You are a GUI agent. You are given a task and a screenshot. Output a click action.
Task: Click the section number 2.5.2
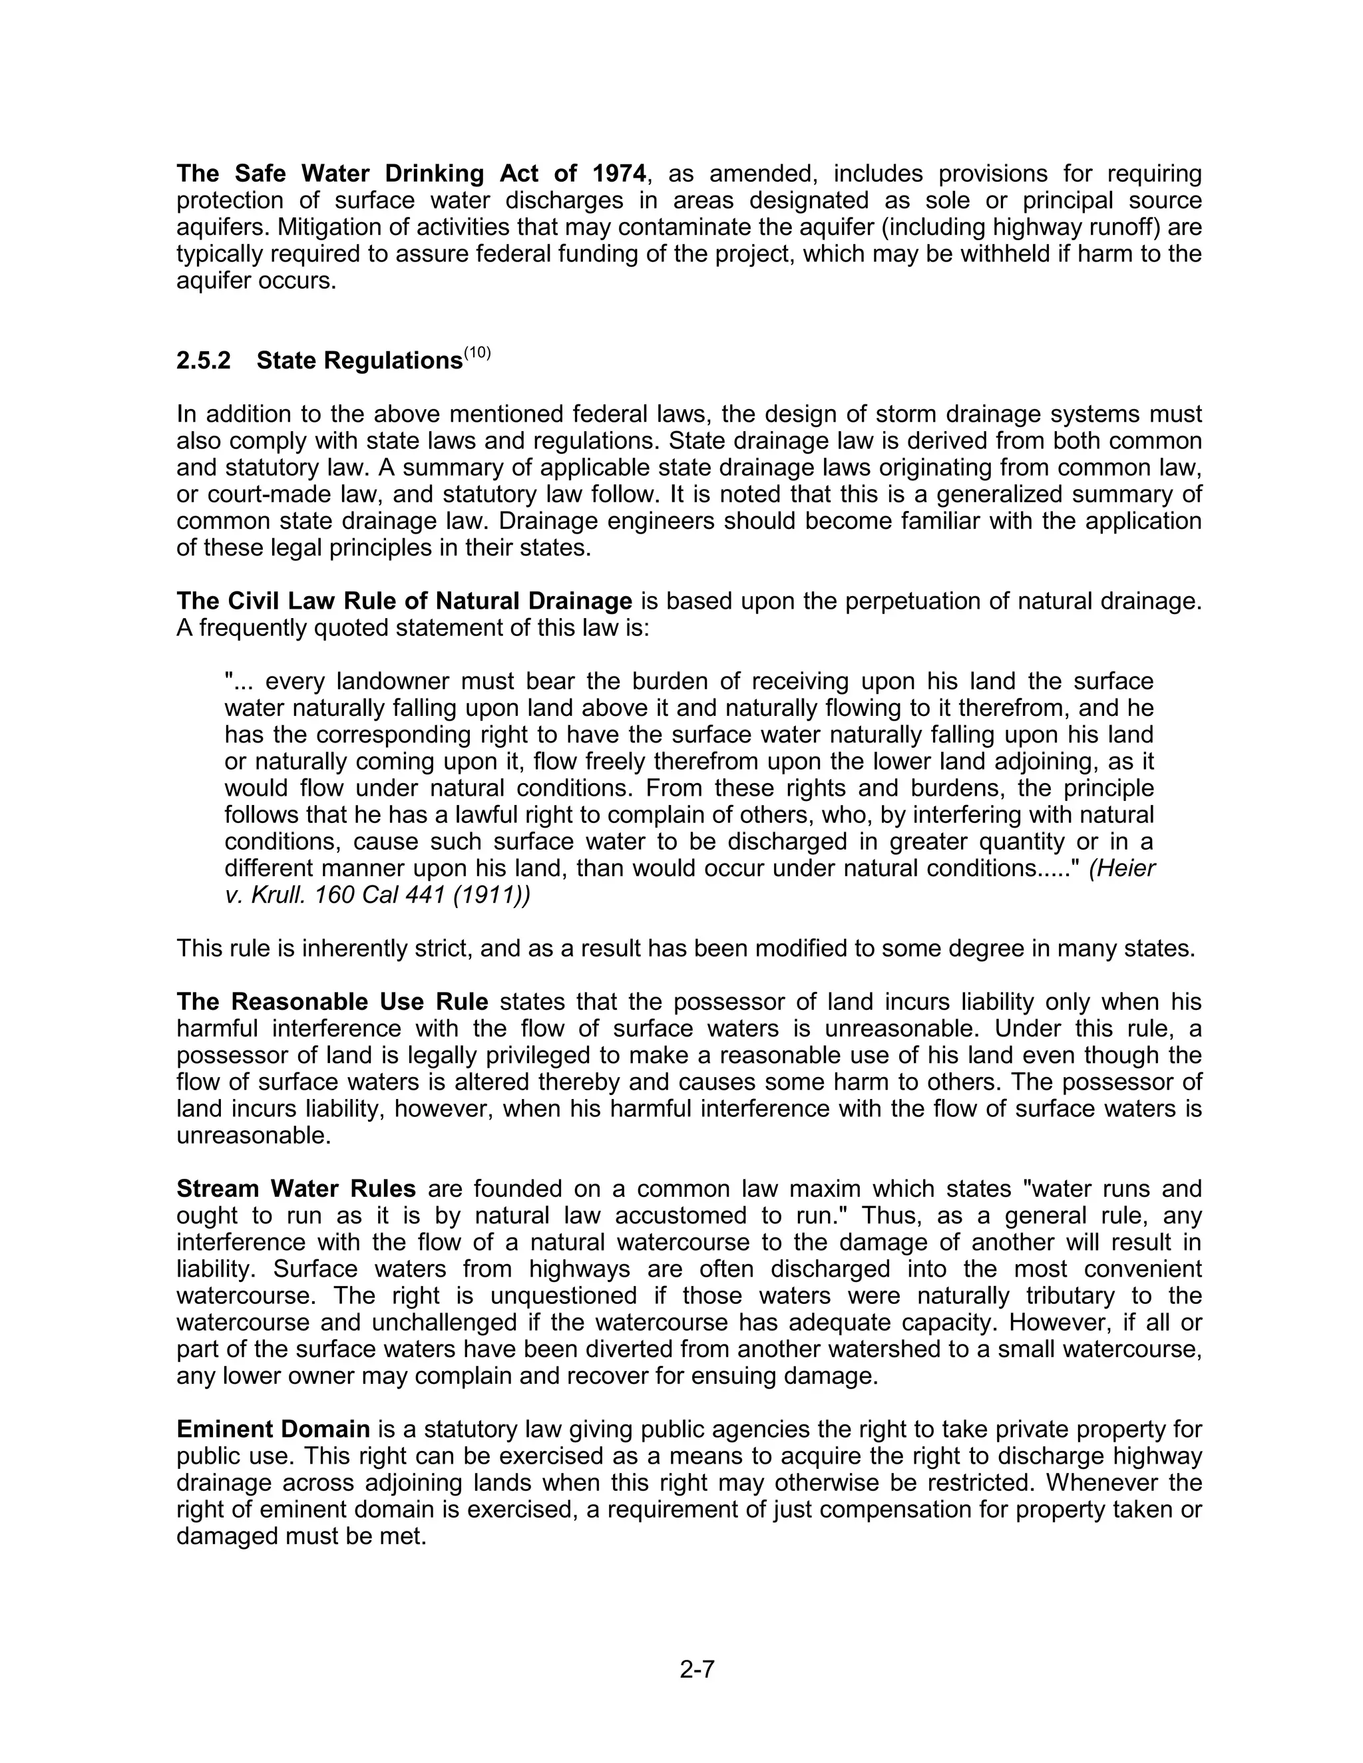pos(204,361)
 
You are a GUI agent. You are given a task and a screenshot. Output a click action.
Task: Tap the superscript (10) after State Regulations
pos(477,353)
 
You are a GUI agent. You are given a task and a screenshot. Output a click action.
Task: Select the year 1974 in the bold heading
pos(620,174)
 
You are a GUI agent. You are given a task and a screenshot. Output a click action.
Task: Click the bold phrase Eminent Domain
pos(273,1429)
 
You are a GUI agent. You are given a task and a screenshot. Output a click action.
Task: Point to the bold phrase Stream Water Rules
pos(295,1188)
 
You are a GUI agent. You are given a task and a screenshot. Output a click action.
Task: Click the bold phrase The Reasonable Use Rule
pos(332,1002)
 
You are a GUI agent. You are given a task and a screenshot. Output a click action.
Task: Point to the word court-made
pos(269,494)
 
